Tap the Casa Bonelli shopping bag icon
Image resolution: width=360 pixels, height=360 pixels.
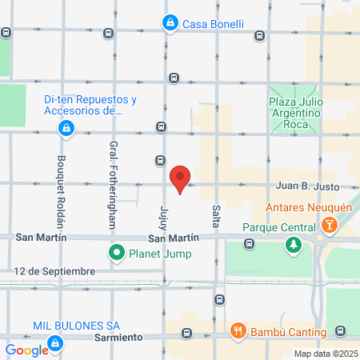(170, 23)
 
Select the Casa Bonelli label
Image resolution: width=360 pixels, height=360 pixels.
(213, 24)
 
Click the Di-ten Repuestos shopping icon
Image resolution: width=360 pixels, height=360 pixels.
(66, 127)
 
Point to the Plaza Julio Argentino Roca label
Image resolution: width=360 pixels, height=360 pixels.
(294, 114)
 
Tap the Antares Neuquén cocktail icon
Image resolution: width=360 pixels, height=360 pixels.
(326, 226)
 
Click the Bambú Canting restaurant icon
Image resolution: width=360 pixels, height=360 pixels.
(238, 331)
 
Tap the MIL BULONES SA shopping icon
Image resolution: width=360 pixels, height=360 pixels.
(55, 344)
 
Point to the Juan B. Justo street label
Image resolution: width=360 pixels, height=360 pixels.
(307, 186)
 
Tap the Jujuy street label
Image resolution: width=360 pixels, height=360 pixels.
(164, 217)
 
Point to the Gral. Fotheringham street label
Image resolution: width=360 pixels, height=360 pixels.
(113, 184)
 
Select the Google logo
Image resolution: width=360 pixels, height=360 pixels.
(26, 350)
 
